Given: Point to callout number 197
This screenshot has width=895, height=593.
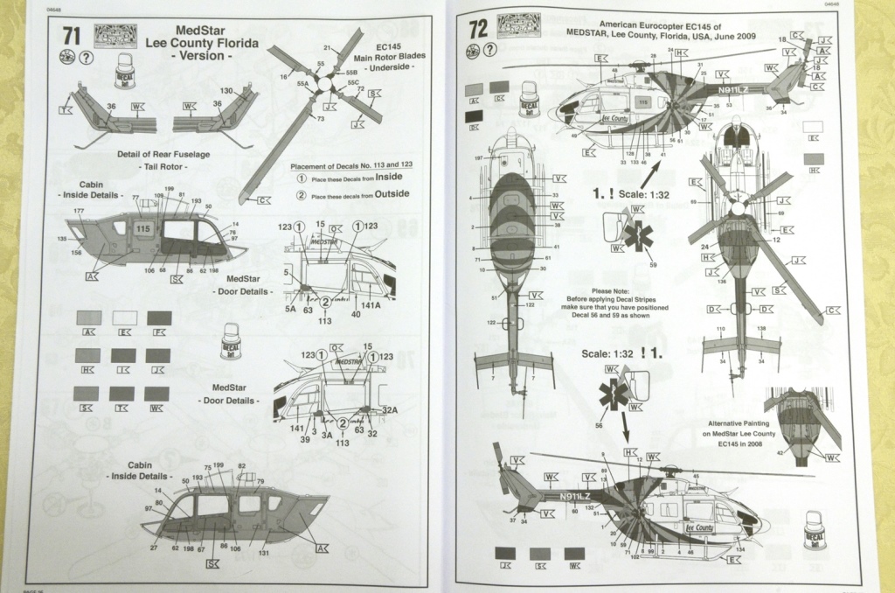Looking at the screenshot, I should tap(478, 160).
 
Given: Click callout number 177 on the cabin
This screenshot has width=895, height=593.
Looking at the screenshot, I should tap(79, 212).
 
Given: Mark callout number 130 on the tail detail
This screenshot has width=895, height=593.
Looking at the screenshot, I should tap(225, 91).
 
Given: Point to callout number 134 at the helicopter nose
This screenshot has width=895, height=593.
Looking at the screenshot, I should tap(741, 549).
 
